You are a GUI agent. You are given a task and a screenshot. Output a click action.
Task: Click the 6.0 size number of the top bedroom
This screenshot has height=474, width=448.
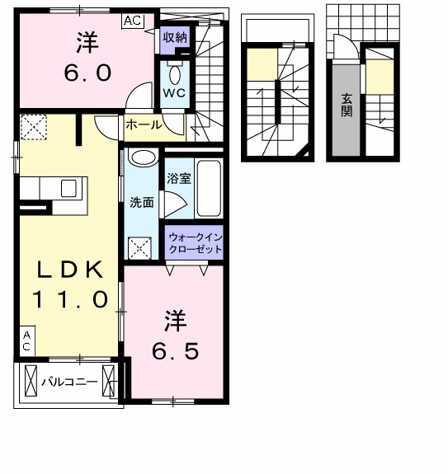coord(87,73)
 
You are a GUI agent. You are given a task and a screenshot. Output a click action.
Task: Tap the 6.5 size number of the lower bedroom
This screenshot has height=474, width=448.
coord(175,350)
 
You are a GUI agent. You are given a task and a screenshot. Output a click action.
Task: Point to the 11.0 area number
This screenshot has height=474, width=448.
coord(70,298)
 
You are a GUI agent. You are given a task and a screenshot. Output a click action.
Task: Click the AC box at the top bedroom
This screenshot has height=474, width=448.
coord(132,22)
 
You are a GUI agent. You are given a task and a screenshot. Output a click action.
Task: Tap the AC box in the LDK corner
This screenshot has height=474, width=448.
coord(26,340)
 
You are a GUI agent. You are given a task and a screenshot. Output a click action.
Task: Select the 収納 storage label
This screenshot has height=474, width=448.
coord(174,37)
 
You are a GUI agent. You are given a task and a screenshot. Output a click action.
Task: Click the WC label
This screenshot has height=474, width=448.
coord(174,92)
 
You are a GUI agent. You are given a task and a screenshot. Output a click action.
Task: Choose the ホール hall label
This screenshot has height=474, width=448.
coord(143,125)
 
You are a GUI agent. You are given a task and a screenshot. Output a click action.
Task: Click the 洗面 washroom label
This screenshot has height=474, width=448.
coord(141,202)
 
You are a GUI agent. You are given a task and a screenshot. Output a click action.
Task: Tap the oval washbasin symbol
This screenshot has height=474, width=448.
coord(144,158)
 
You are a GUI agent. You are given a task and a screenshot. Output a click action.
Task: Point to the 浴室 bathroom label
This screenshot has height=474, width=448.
coord(179,178)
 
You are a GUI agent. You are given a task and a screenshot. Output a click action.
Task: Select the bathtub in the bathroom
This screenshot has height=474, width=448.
coord(210,188)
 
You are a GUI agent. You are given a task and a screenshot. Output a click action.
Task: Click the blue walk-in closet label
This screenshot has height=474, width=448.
coord(196,242)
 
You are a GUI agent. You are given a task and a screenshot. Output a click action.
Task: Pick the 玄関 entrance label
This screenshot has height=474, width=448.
coord(347,105)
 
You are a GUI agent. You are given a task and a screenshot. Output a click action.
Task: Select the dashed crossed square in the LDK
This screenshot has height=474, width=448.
coord(35,127)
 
